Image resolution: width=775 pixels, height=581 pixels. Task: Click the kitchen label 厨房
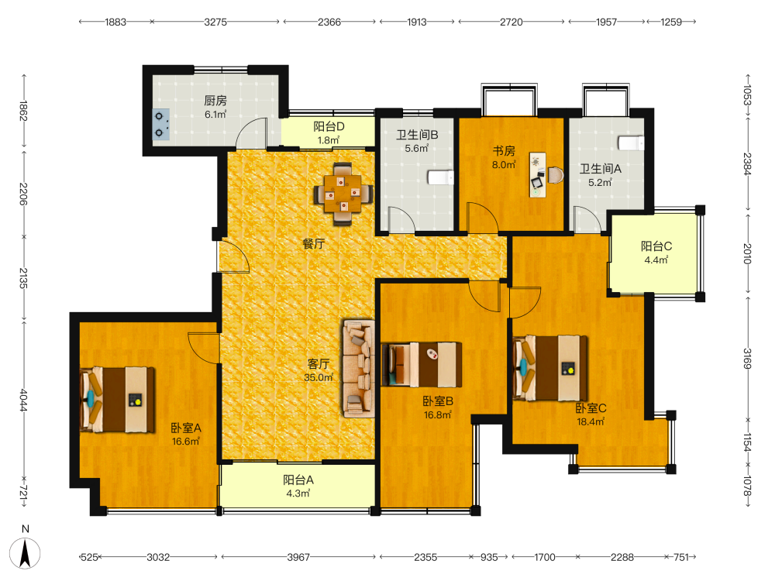(x=215, y=101)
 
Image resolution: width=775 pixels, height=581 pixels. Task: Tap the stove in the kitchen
(x=160, y=125)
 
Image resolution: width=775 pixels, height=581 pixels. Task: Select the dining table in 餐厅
(x=343, y=194)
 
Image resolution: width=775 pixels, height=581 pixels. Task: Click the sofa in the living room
(x=359, y=369)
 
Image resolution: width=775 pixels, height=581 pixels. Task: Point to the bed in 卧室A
(x=117, y=400)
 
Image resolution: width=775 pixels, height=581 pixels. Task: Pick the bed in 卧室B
(x=422, y=365)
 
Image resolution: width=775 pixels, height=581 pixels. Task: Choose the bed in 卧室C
(x=550, y=369)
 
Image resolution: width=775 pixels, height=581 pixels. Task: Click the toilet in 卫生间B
(x=440, y=177)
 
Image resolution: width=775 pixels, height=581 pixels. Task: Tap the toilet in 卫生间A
(x=631, y=143)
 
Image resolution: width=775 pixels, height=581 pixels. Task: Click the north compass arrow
(x=26, y=553)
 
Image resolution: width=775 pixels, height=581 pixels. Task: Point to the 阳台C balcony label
(x=656, y=246)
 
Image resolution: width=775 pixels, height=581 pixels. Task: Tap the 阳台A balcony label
(x=298, y=480)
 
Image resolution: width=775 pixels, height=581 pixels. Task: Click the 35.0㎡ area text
(x=319, y=377)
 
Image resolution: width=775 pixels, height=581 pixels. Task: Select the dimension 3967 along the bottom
(x=298, y=557)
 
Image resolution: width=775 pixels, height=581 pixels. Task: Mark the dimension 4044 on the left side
(x=23, y=400)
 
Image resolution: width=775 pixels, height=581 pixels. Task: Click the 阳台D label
(x=329, y=126)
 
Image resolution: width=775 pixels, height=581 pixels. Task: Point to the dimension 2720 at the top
(x=511, y=22)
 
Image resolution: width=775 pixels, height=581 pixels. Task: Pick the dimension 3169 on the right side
(x=747, y=359)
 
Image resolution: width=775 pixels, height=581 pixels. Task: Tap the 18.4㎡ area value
(x=591, y=422)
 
